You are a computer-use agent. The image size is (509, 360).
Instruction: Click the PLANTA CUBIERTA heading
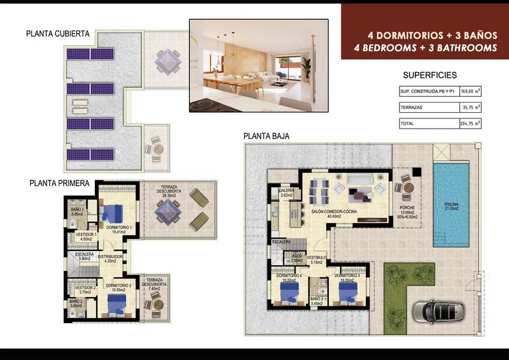pos(58,34)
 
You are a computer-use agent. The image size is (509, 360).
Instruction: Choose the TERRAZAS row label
pos(412,108)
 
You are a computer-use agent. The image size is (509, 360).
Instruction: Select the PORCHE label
pos(408,207)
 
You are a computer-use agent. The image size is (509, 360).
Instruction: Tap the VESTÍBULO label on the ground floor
pos(317,257)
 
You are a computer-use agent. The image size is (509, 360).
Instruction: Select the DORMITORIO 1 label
pos(118,227)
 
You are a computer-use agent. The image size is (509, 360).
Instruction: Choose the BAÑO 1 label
pos(77,210)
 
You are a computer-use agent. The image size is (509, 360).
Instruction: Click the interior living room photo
pos(259,65)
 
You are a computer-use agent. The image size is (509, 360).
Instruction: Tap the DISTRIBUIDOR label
pos(110,256)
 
